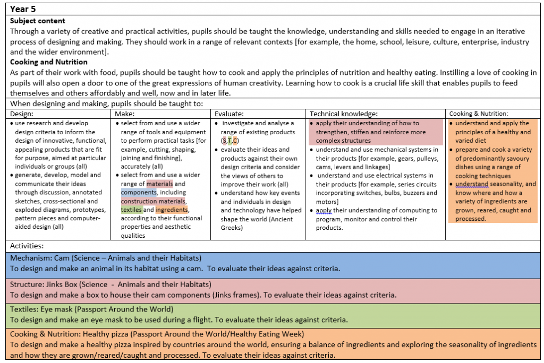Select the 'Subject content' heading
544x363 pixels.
(38, 21)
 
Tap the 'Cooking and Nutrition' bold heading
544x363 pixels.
(49, 62)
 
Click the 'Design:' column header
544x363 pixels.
(22, 114)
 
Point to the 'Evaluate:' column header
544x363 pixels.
(229, 114)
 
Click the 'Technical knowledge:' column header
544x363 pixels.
(343, 114)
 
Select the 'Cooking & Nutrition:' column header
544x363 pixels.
(479, 114)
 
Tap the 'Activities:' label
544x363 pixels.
(27, 246)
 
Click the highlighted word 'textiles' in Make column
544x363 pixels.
(131, 210)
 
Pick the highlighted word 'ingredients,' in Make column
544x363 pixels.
(172, 210)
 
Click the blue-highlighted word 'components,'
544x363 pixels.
(139, 193)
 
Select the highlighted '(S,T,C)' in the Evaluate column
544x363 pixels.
(229, 141)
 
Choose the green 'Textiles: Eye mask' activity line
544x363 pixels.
(92, 309)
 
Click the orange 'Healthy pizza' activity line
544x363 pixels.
(157, 334)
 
